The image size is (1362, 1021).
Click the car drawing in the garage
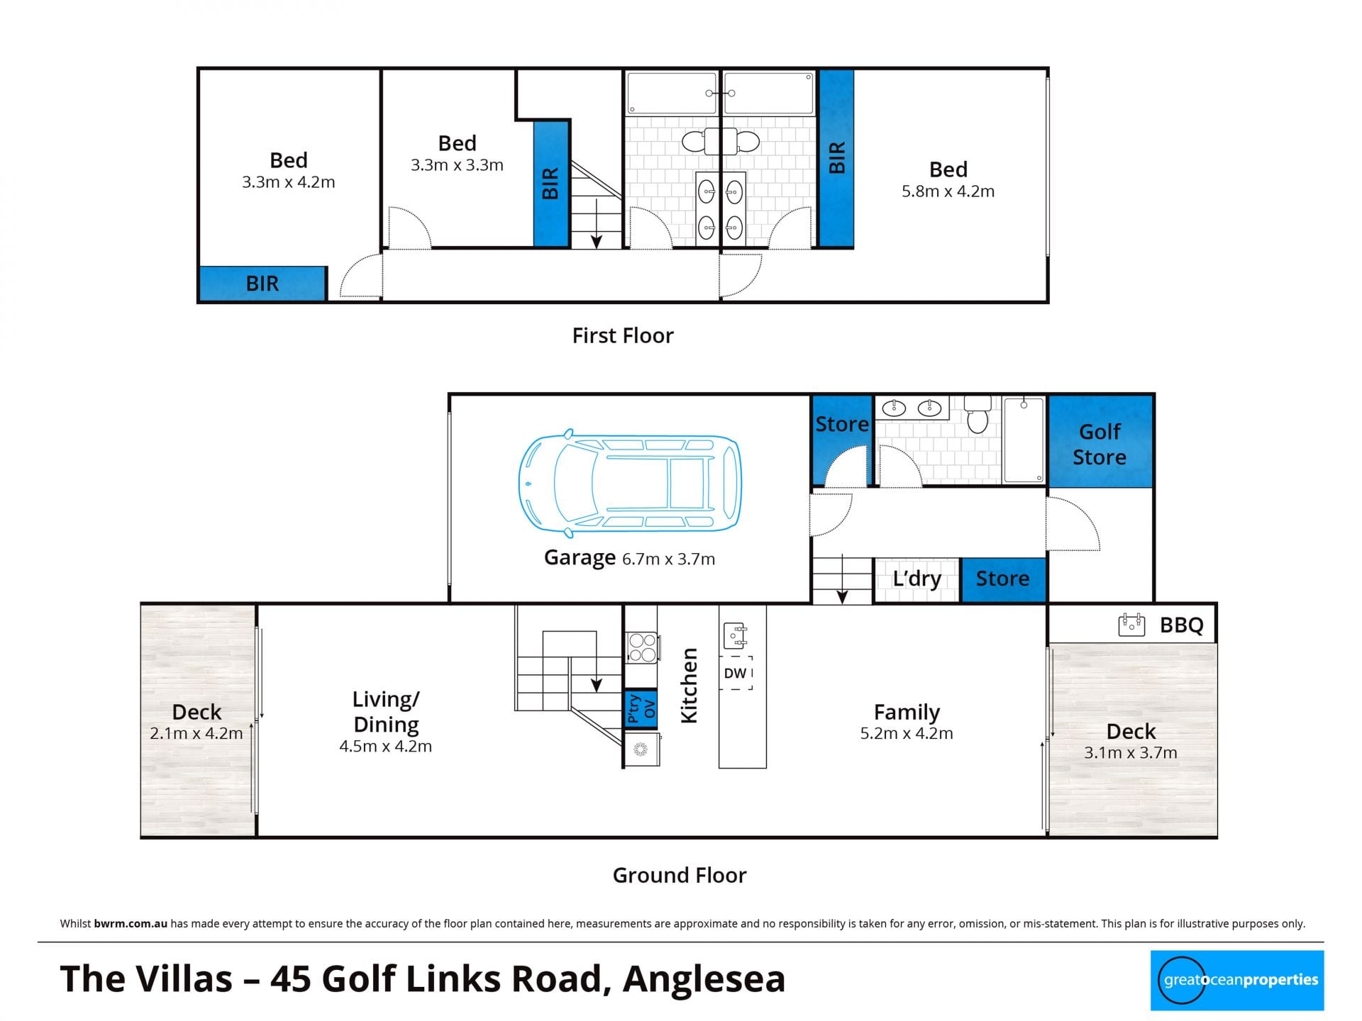(629, 483)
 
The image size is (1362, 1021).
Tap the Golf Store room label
(1100, 445)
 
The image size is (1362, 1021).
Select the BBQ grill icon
(1131, 625)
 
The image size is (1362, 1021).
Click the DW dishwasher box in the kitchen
(736, 673)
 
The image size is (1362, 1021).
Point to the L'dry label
(917, 579)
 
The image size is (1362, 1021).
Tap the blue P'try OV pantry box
(641, 708)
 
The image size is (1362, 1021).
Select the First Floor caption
(623, 335)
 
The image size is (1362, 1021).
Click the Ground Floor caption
(680, 876)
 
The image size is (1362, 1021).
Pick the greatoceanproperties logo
(1237, 981)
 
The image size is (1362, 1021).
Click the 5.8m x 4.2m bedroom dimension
(948, 191)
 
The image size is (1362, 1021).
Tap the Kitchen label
(689, 685)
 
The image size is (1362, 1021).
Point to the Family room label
(907, 711)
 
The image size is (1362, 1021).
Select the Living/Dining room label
(386, 711)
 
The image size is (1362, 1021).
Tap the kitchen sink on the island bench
(735, 635)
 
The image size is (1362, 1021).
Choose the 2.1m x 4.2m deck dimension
(196, 734)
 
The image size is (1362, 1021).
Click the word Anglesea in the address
(704, 979)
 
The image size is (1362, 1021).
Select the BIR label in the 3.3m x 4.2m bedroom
(262, 284)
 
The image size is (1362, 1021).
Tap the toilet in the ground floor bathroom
(978, 415)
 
